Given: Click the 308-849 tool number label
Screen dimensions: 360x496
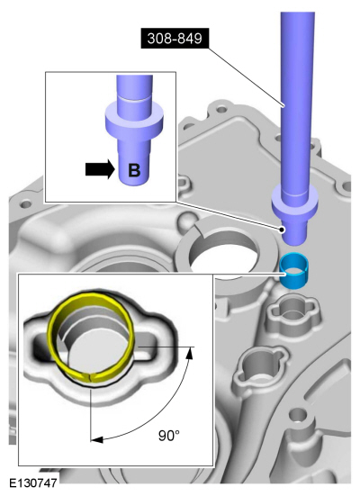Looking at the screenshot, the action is (175, 39).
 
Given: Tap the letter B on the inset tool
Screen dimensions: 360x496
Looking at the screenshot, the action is (134, 170).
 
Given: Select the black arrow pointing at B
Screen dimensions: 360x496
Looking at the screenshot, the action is (100, 169).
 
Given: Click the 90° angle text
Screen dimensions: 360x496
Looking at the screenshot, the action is (169, 436).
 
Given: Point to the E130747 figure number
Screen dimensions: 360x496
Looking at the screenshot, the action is (33, 483).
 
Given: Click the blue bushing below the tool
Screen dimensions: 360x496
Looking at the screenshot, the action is (294, 270).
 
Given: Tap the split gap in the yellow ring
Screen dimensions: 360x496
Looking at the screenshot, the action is (90, 377).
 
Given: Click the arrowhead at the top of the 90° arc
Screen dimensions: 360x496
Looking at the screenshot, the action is (189, 353).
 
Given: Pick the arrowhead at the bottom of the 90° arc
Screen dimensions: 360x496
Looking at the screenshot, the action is (96, 439).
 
